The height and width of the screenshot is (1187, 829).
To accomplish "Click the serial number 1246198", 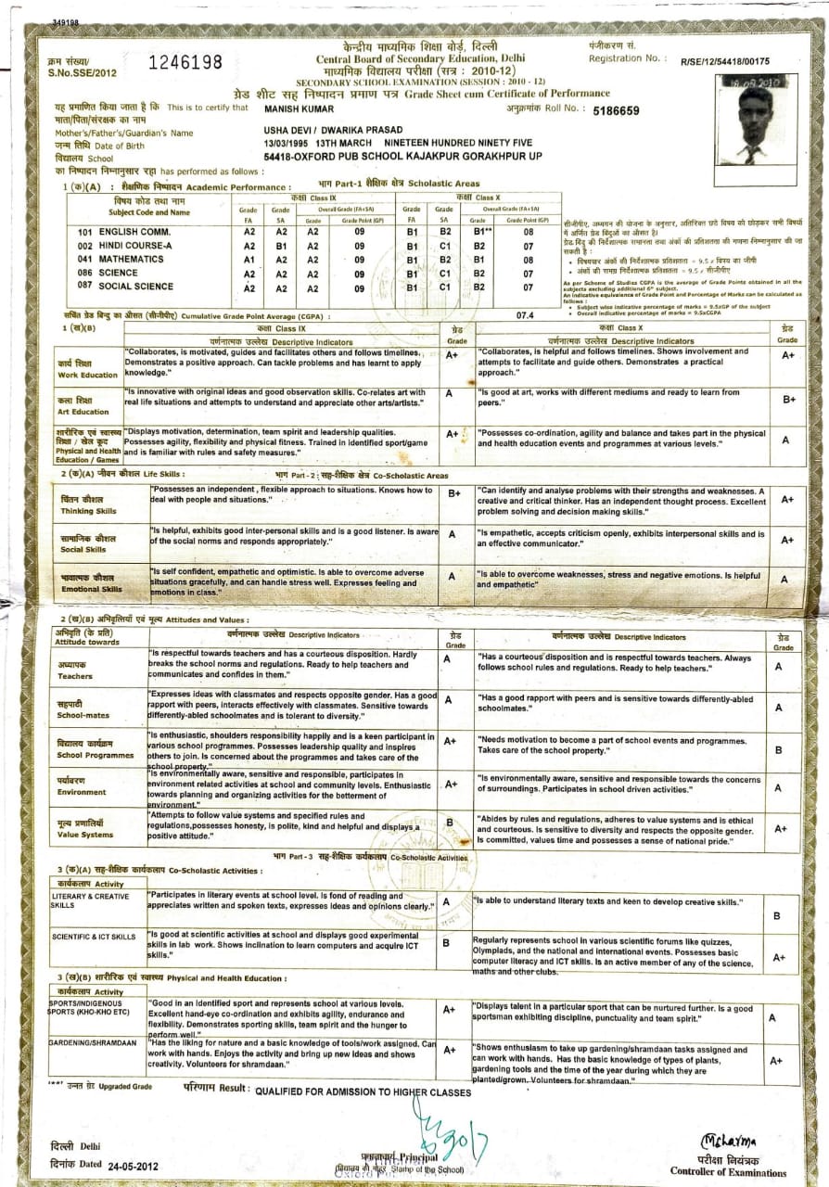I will (x=185, y=63).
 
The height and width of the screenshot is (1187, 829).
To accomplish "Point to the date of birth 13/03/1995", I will (x=289, y=144).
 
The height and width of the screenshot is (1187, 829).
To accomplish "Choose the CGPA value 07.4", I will (x=525, y=315).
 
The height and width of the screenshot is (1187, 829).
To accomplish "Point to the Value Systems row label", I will (x=85, y=829).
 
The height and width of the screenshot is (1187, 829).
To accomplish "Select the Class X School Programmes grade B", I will (x=777, y=749).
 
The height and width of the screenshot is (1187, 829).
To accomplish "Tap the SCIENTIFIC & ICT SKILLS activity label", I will (x=94, y=937).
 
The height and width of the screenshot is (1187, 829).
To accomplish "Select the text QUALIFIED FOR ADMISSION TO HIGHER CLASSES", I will (x=363, y=1092).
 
